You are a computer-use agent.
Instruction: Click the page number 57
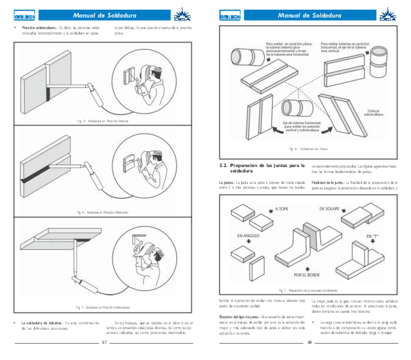[104, 342]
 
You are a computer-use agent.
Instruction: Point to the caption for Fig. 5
[102, 307]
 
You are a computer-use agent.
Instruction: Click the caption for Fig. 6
[308, 149]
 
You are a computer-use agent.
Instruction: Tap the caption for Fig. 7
[308, 290]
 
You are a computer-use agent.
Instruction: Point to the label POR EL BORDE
[307, 275]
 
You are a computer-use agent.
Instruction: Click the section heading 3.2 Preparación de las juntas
[262, 168]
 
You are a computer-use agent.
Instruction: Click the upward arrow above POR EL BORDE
[307, 268]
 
